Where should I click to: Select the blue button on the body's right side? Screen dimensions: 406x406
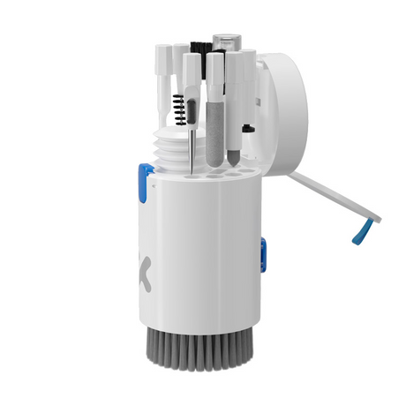click(263, 252)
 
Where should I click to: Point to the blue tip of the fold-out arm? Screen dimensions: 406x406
click(359, 234)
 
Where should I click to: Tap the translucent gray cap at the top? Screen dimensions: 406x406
click(227, 41)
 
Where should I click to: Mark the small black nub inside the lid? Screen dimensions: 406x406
click(250, 129)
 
